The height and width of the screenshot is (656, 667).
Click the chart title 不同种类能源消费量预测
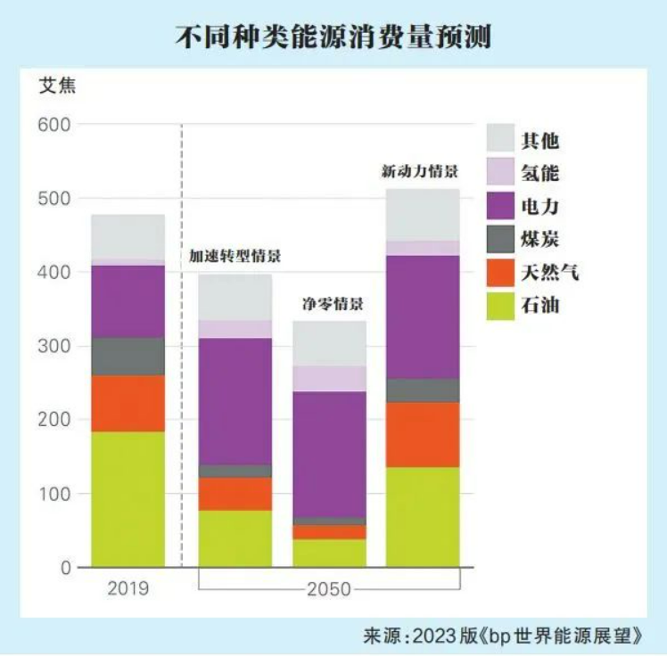(333, 37)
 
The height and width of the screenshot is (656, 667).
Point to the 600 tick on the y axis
(54, 124)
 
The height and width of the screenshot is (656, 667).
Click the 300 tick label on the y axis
(54, 346)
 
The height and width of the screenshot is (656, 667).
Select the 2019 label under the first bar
(128, 589)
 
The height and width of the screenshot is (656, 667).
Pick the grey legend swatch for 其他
(502, 138)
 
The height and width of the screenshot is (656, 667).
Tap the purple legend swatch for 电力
(502, 206)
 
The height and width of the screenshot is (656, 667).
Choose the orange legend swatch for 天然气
(502, 273)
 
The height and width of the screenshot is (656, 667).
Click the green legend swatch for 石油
(502, 306)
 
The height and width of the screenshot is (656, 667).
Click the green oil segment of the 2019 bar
(128, 499)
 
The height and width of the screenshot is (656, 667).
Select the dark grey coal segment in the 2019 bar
(128, 357)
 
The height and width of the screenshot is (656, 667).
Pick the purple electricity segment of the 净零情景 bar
(330, 454)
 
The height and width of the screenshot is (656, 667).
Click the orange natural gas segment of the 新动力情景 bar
(423, 434)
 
